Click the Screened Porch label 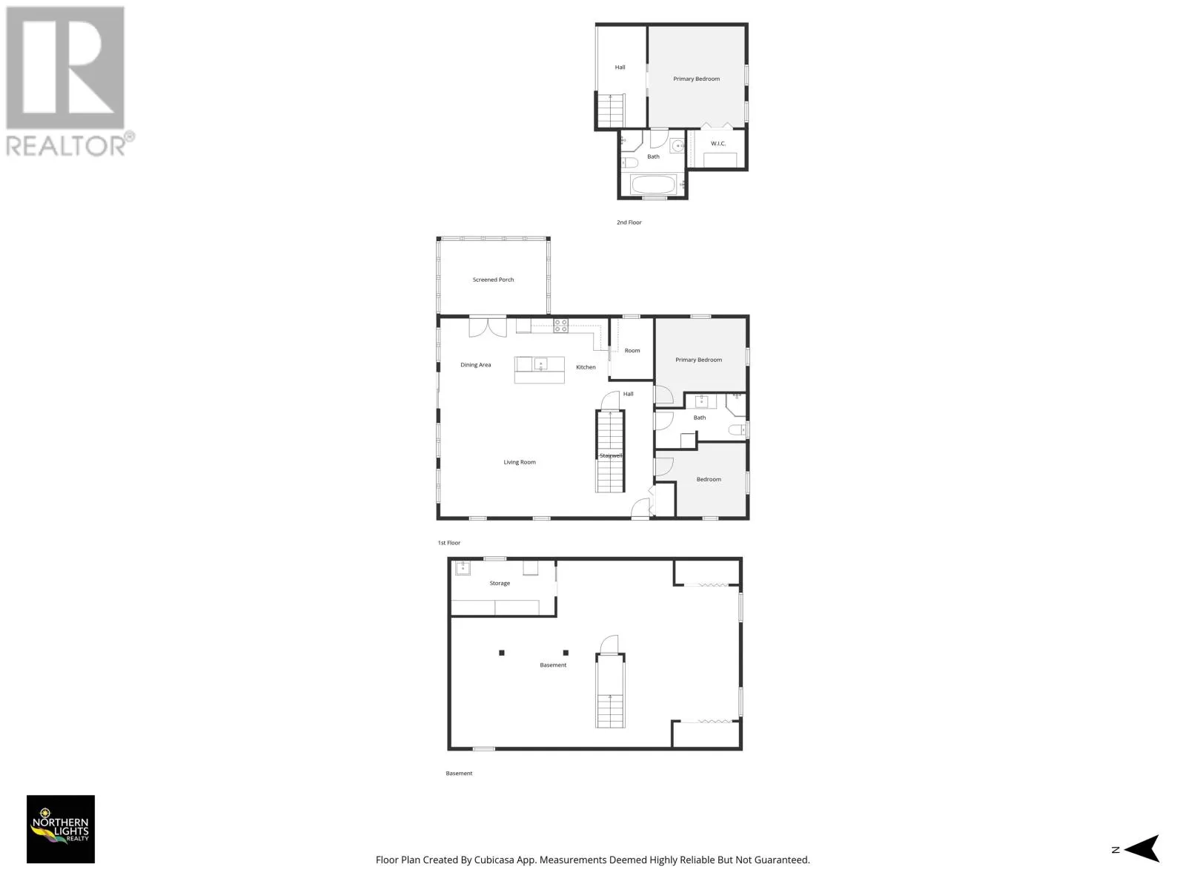click(x=493, y=280)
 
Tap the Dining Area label click(x=475, y=365)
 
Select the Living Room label click(x=520, y=462)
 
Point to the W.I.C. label click(x=718, y=143)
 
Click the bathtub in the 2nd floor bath click(x=653, y=185)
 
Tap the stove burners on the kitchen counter click(x=560, y=326)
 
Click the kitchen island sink click(x=540, y=364)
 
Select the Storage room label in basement click(x=500, y=583)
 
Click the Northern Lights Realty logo click(x=61, y=829)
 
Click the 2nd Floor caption click(x=629, y=222)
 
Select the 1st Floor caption click(x=448, y=543)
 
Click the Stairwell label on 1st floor click(x=611, y=455)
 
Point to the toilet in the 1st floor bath click(x=737, y=429)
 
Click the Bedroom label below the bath click(x=709, y=479)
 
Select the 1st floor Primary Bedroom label click(x=698, y=360)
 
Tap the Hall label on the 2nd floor click(x=620, y=67)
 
